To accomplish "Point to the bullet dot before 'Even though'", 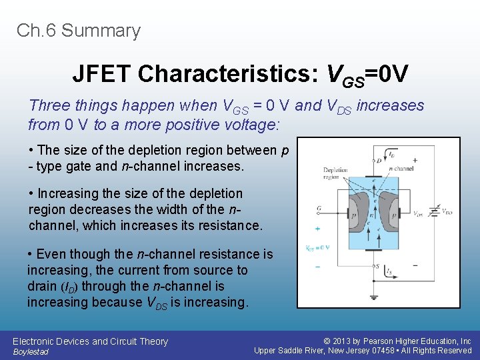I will pyautogui.click(x=31, y=255).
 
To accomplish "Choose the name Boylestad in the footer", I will pyautogui.click(x=31, y=352).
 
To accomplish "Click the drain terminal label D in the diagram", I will pyautogui.click(x=379, y=160).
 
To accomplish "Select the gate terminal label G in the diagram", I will pyautogui.click(x=319, y=209).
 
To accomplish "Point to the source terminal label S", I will pyautogui.click(x=379, y=267).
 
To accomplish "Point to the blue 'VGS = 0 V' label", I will pyautogui.click(x=318, y=248).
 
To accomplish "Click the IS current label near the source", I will pyautogui.click(x=389, y=271).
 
